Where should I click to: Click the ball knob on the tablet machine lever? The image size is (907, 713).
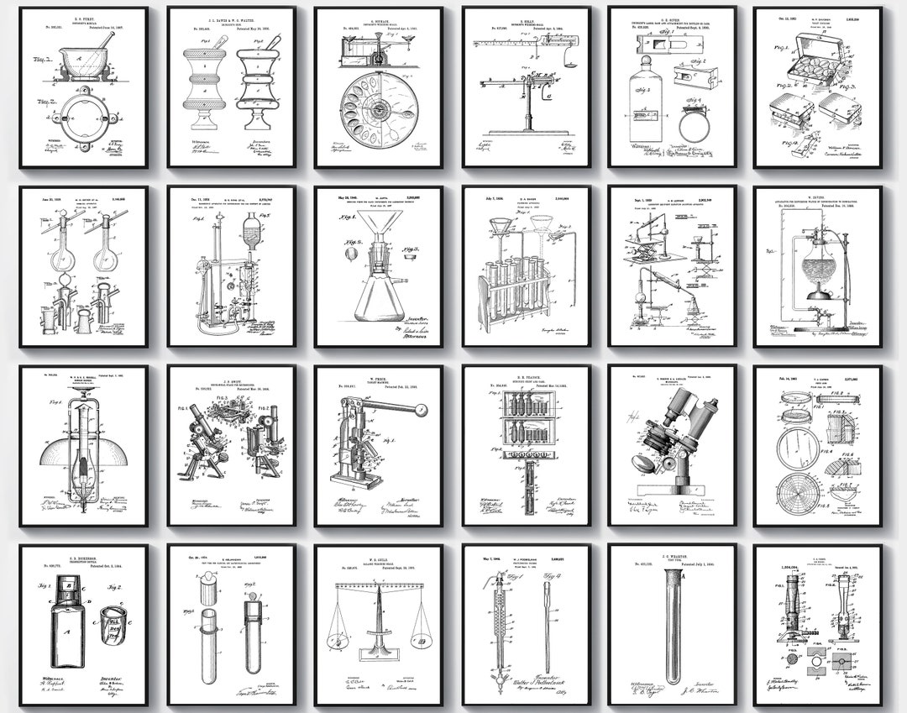pyautogui.click(x=422, y=409)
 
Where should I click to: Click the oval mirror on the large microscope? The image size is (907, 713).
pyautogui.click(x=648, y=462)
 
